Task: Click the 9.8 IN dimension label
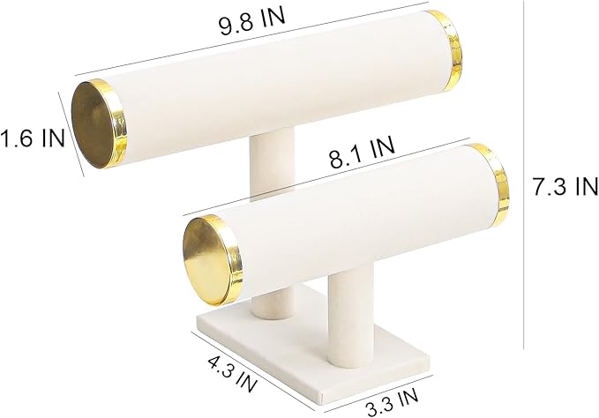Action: pos(251,21)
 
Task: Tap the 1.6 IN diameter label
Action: pos(32,138)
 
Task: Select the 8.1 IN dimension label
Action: pos(362,153)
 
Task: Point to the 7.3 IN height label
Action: pos(565,187)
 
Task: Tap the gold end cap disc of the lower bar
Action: pos(206,260)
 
